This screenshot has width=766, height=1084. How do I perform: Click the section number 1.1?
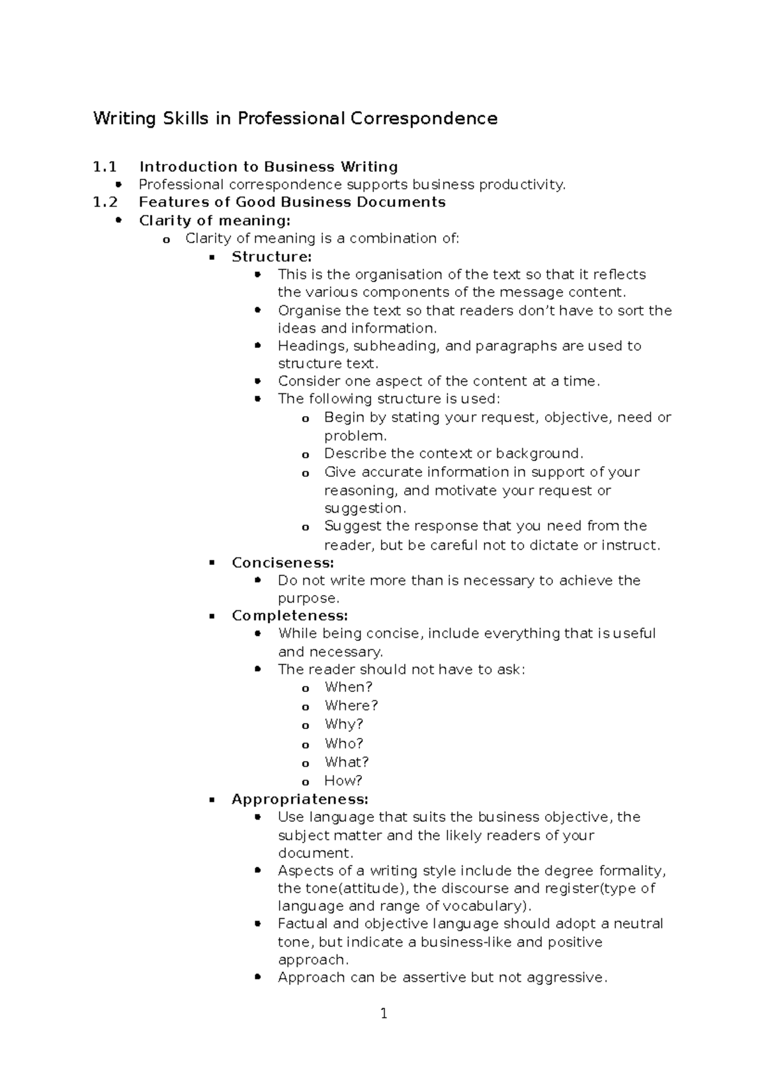(x=105, y=167)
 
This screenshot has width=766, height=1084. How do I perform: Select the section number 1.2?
(x=105, y=202)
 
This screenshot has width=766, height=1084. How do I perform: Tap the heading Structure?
(x=271, y=257)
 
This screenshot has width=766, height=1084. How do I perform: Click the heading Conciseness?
(x=282, y=563)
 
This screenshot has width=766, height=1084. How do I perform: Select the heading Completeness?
(x=289, y=616)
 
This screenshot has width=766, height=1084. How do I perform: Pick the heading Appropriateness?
(x=299, y=799)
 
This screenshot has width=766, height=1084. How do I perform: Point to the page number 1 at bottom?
(x=384, y=1013)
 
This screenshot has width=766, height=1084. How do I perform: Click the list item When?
(x=348, y=688)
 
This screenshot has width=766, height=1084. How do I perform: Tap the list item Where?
(x=351, y=706)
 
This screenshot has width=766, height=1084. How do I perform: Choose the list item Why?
(x=343, y=725)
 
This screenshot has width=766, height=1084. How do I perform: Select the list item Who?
(x=343, y=744)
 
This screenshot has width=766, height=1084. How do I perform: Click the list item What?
(x=346, y=762)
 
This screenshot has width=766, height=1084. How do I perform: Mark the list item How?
(x=343, y=781)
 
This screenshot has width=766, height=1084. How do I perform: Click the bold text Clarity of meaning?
(x=214, y=221)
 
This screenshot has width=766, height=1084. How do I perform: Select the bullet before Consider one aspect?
(x=258, y=381)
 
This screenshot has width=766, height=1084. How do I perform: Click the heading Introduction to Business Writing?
(x=268, y=167)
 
